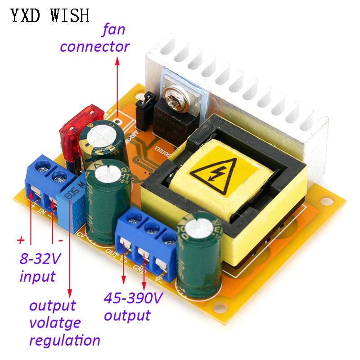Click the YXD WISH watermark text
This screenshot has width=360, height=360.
(x=50, y=16)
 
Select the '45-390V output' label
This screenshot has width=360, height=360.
(x=133, y=306)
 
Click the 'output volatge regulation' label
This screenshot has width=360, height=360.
(x=63, y=323)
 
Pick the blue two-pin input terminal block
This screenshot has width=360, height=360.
(x=45, y=180)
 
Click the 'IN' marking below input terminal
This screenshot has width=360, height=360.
(x=43, y=211)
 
